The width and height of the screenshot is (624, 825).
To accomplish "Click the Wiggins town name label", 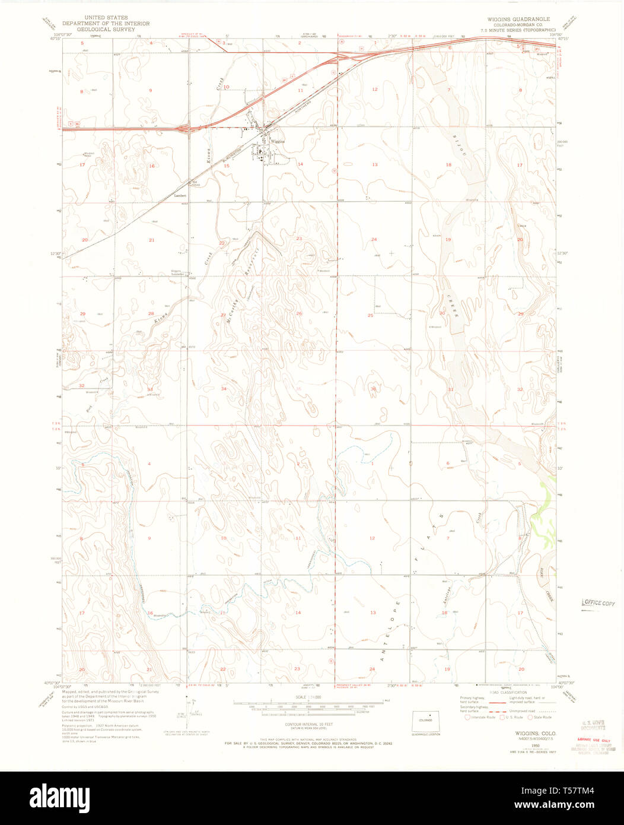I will coord(278,142).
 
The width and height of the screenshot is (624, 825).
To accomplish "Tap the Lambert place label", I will coord(180,195).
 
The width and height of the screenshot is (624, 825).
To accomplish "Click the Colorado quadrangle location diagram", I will coord(425,720).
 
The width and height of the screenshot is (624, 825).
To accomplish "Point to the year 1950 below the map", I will coord(519,742).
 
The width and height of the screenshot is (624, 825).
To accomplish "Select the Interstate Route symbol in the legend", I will coord(467,717).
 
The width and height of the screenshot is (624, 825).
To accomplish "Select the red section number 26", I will coord(299,313).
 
